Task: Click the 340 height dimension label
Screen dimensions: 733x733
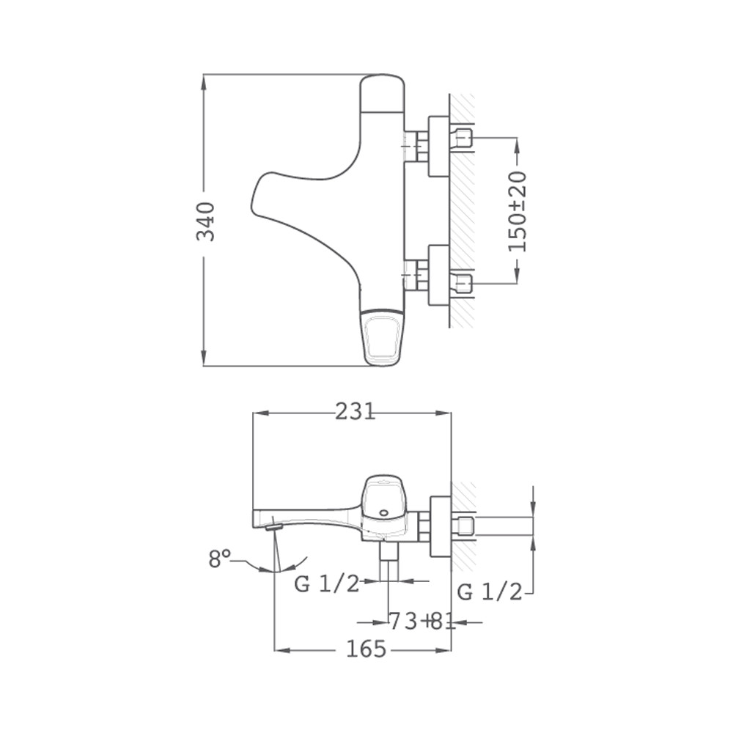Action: coord(206,221)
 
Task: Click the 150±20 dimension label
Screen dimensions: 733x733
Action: coord(517,212)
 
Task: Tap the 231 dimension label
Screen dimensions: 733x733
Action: coord(356,412)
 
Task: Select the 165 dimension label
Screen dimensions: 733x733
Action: coord(366,649)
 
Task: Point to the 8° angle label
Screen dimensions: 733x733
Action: coord(219,559)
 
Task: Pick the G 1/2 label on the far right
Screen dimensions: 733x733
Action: coord(489,592)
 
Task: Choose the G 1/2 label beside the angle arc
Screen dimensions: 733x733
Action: coord(327,584)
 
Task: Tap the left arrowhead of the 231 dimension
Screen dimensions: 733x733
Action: coord(260,413)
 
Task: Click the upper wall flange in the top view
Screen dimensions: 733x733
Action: coord(439,147)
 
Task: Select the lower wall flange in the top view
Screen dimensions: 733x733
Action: coord(439,275)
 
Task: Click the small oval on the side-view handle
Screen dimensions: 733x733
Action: coord(384,512)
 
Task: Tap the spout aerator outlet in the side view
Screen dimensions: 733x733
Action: coord(274,528)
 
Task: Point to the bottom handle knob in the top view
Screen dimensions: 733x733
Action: coord(383,338)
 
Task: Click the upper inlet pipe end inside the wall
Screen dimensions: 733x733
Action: coord(465,139)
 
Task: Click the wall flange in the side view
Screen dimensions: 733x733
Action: coord(439,526)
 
